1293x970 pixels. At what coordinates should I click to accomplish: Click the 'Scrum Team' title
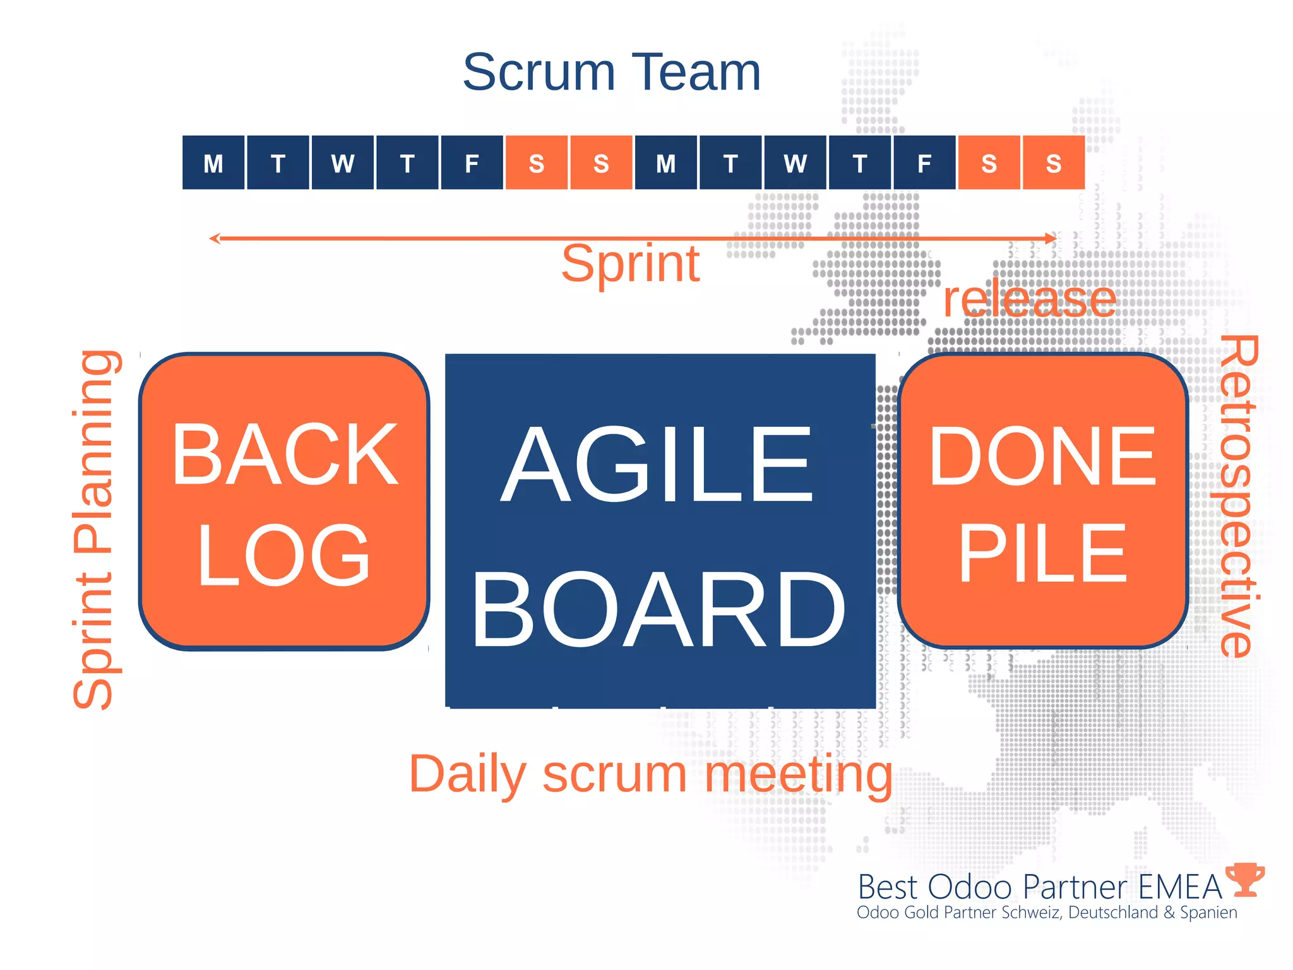click(611, 72)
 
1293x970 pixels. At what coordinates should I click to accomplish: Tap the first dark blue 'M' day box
click(213, 163)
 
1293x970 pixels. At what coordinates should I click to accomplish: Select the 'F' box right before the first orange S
click(472, 163)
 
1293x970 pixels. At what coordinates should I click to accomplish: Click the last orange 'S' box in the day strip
click(1053, 163)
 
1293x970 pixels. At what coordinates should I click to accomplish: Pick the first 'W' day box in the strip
click(343, 163)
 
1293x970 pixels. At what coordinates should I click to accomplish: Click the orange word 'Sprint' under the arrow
click(630, 264)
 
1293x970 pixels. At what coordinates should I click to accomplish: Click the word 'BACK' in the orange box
click(285, 455)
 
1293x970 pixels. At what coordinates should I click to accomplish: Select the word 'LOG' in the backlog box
click(283, 554)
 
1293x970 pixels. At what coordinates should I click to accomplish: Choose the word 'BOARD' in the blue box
click(658, 609)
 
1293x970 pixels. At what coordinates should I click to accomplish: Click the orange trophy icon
click(1245, 879)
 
